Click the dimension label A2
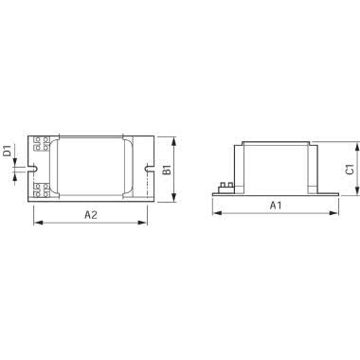pos(91,215)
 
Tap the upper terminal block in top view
pos(43,145)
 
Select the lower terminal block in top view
pos(43,190)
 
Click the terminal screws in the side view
pos(227,187)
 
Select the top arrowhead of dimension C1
pos(357,145)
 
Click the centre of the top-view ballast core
pos(92,169)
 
